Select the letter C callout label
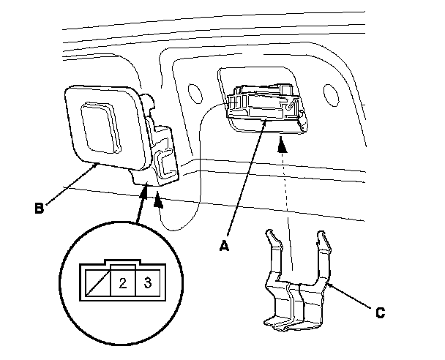click(x=380, y=312)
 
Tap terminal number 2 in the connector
click(x=122, y=282)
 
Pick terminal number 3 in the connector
click(x=147, y=282)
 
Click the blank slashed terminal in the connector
click(x=95, y=282)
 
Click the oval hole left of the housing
click(x=195, y=93)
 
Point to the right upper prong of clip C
click(x=320, y=244)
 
